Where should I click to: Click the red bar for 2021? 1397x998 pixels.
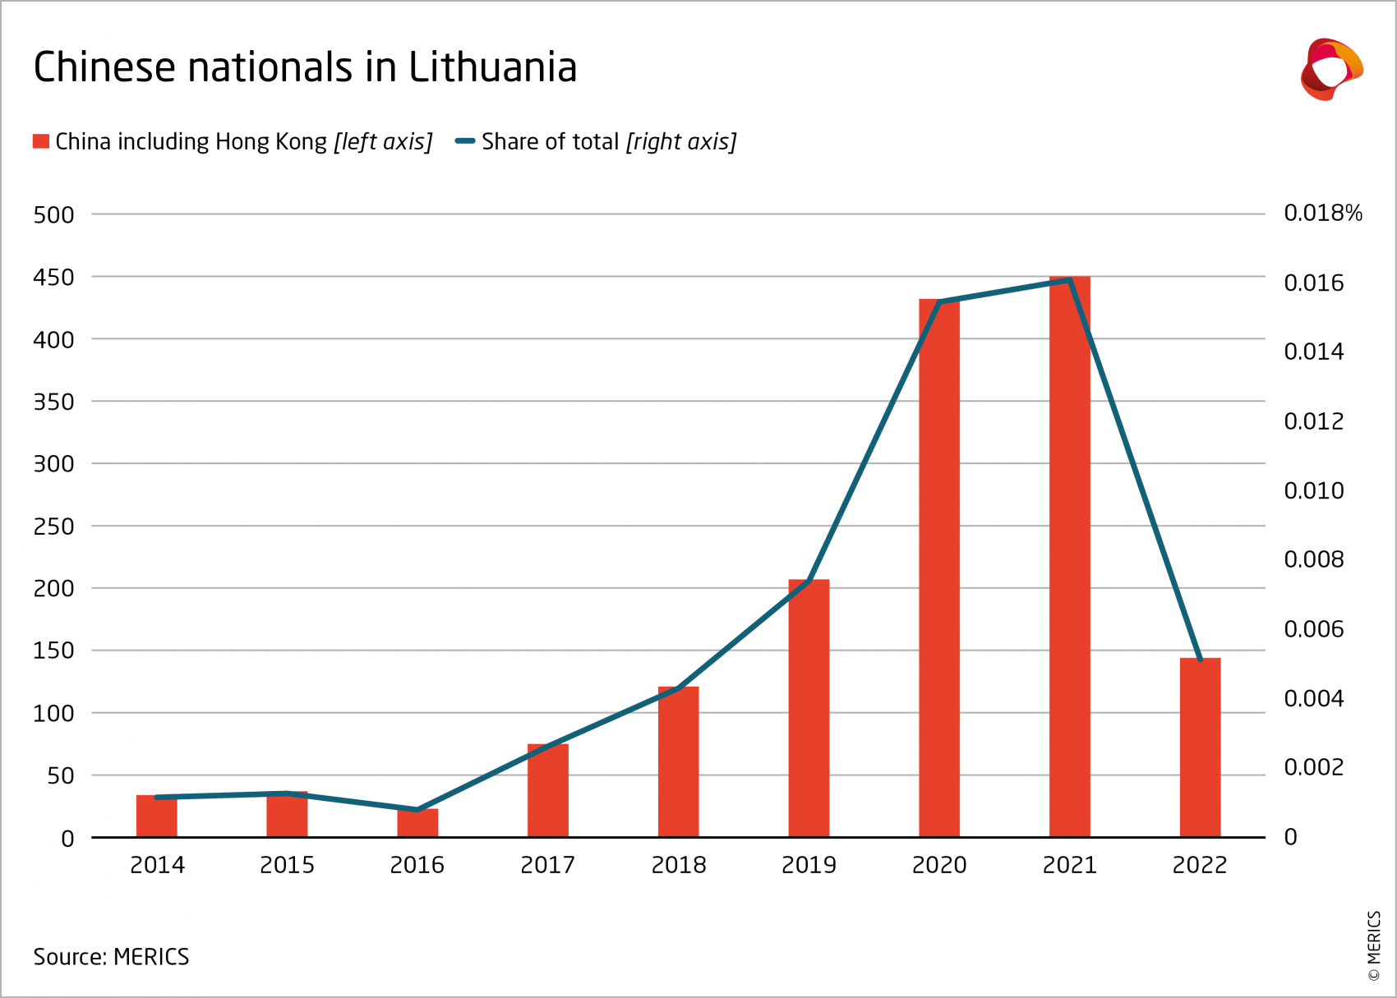[x=1069, y=559]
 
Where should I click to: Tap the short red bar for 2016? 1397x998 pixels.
[x=417, y=823]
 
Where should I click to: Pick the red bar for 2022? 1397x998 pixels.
[x=1200, y=747]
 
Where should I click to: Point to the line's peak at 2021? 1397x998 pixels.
[x=1069, y=280]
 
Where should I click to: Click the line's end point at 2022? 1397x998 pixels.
[x=1201, y=659]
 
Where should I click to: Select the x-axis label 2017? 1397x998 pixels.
[x=547, y=865]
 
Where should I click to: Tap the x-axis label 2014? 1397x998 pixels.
[x=157, y=865]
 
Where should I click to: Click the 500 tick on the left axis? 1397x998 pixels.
[x=53, y=215]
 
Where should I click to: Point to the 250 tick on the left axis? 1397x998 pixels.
[x=53, y=527]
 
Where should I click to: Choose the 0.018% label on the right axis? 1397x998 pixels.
[x=1322, y=214]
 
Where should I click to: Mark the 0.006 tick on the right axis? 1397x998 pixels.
[x=1313, y=629]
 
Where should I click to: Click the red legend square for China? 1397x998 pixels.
[x=41, y=141]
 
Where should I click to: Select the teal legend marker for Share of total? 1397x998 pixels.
[x=465, y=141]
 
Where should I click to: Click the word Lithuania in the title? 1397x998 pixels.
[x=492, y=67]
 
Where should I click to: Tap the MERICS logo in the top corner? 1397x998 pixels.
[x=1330, y=70]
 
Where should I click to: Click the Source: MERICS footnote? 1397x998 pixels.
[x=111, y=957]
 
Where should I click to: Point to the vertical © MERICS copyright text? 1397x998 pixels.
[x=1374, y=945]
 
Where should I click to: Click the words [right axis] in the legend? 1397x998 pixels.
[x=680, y=142]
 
